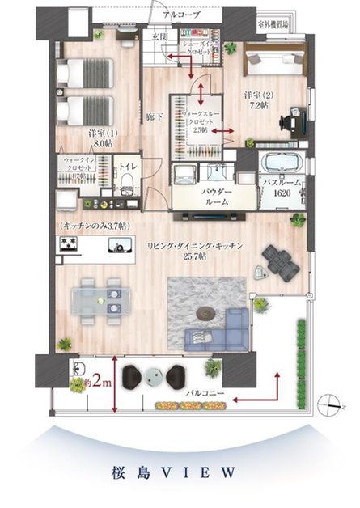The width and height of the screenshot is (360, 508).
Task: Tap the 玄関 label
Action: pos(159,36)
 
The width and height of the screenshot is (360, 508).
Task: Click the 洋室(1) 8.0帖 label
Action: pos(100,138)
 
